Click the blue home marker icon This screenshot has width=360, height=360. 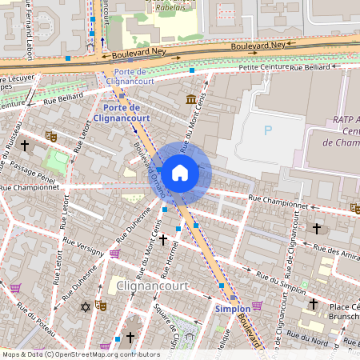tap(180, 172)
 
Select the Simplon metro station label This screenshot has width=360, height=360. tap(232, 308)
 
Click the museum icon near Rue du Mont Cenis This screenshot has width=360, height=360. tap(191, 99)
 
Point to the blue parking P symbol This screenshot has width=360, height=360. tap(268, 130)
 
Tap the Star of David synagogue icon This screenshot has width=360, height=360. tap(86, 306)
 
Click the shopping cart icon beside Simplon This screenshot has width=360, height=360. tap(257, 306)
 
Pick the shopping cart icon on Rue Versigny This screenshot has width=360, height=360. tap(114, 254)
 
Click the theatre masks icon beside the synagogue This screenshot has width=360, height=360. tap(101, 306)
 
